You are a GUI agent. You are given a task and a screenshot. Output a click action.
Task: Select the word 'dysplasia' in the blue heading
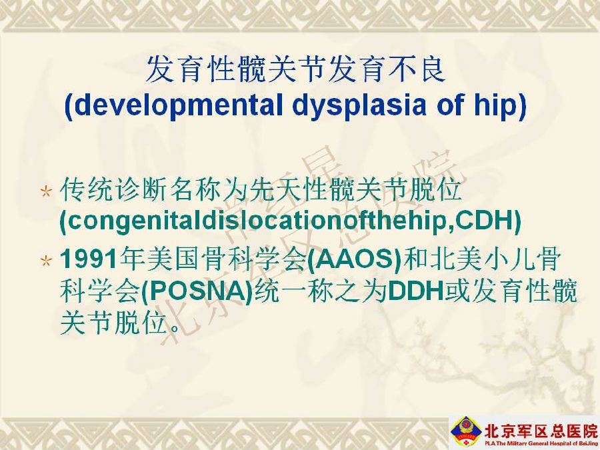[359, 105]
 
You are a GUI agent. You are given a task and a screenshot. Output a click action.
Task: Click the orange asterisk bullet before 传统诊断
[46, 191]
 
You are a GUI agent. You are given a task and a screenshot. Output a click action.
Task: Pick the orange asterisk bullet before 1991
[46, 261]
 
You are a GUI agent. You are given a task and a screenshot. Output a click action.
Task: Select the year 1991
[89, 259]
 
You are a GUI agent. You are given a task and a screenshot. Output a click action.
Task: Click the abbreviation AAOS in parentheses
[355, 259]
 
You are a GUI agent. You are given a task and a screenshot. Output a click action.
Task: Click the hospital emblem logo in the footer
[466, 431]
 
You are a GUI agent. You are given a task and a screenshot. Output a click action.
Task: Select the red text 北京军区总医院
[541, 430]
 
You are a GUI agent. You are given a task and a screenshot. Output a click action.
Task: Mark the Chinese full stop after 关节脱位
[174, 327]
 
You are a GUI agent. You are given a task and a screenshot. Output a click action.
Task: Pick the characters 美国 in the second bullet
[161, 259]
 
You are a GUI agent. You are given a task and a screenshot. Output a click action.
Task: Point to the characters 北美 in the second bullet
[455, 259]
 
